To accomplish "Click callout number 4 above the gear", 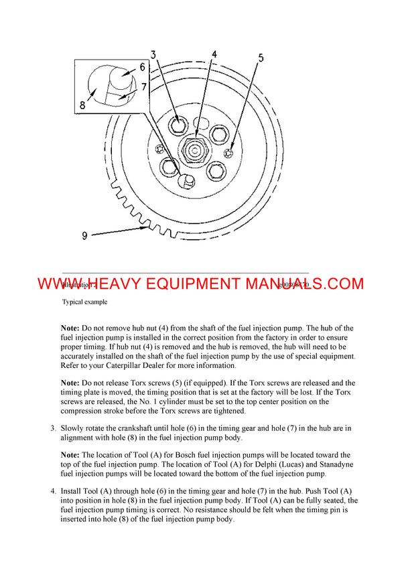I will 214,54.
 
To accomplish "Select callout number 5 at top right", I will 260,58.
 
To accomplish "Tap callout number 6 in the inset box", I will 142,67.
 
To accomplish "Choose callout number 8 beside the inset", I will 82,105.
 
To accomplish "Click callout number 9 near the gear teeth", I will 84,235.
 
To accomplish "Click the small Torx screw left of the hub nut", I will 159,148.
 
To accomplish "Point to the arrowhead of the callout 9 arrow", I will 146,229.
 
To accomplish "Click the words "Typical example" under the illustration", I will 84,302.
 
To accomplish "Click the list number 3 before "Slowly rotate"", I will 53,427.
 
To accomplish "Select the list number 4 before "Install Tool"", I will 53,491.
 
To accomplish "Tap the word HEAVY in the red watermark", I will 127,283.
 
